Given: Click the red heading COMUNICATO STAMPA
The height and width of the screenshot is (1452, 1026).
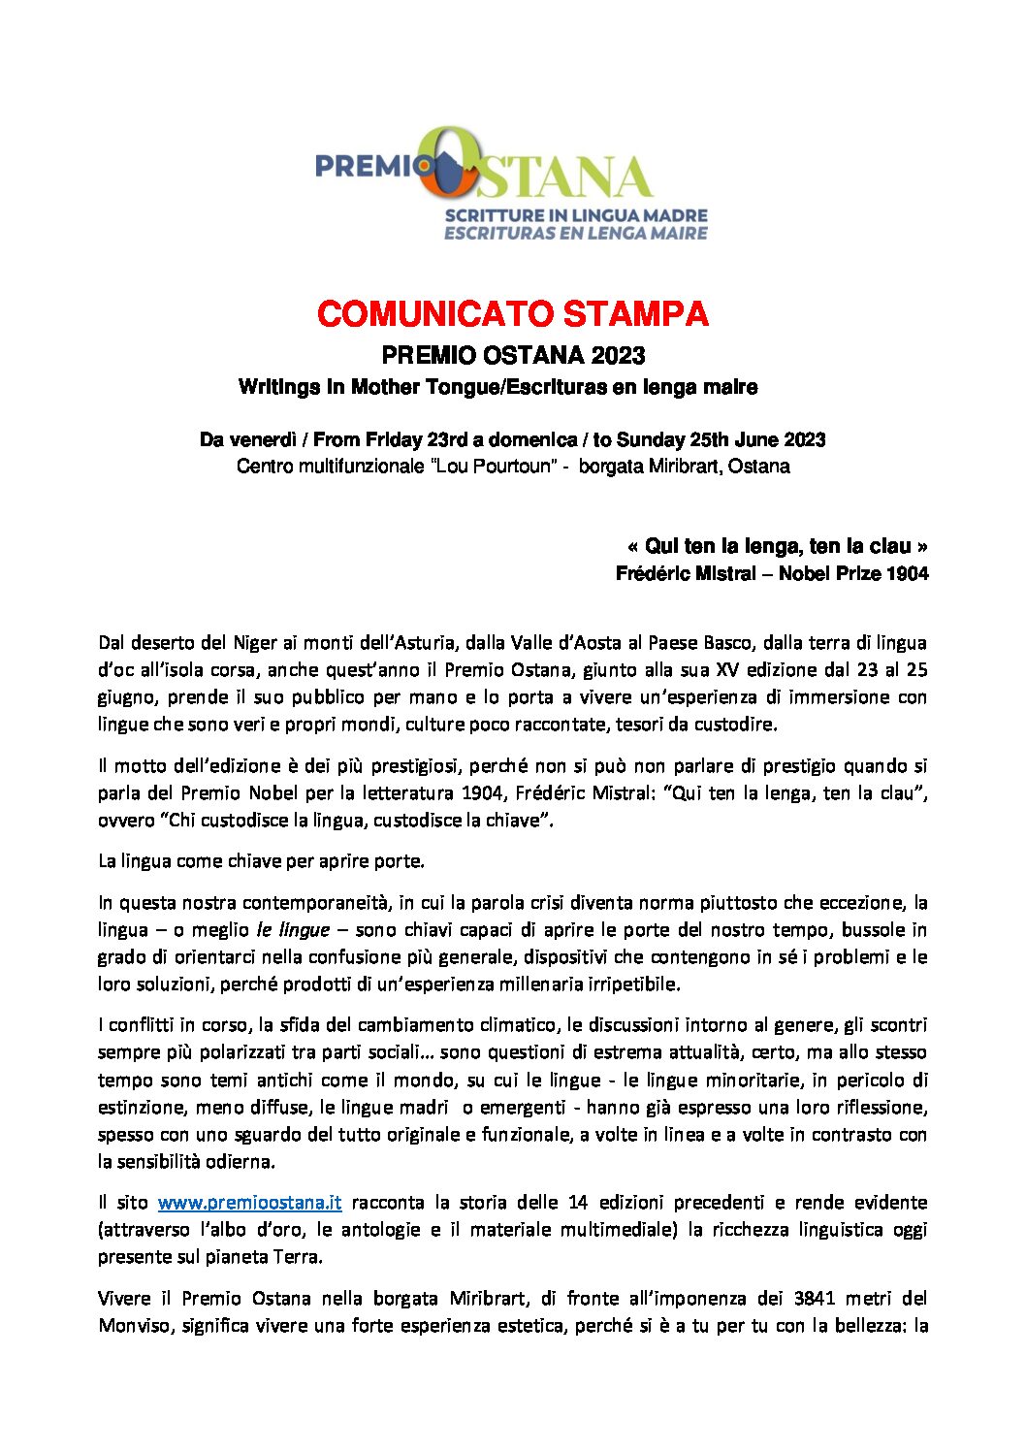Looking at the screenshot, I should point(512,314).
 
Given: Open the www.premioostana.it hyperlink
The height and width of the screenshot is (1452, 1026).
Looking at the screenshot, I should point(249,1203).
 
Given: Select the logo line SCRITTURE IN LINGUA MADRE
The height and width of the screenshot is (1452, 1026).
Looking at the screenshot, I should point(576,215).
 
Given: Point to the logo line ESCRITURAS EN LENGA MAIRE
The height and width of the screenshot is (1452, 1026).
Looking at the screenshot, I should point(576,233).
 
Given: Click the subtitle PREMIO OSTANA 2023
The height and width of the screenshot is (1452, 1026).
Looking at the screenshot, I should point(512,355).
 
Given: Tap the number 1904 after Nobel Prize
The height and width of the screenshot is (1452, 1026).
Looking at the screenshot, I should point(908,573).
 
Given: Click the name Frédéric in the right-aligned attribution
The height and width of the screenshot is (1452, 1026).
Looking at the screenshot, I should point(650,573).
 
